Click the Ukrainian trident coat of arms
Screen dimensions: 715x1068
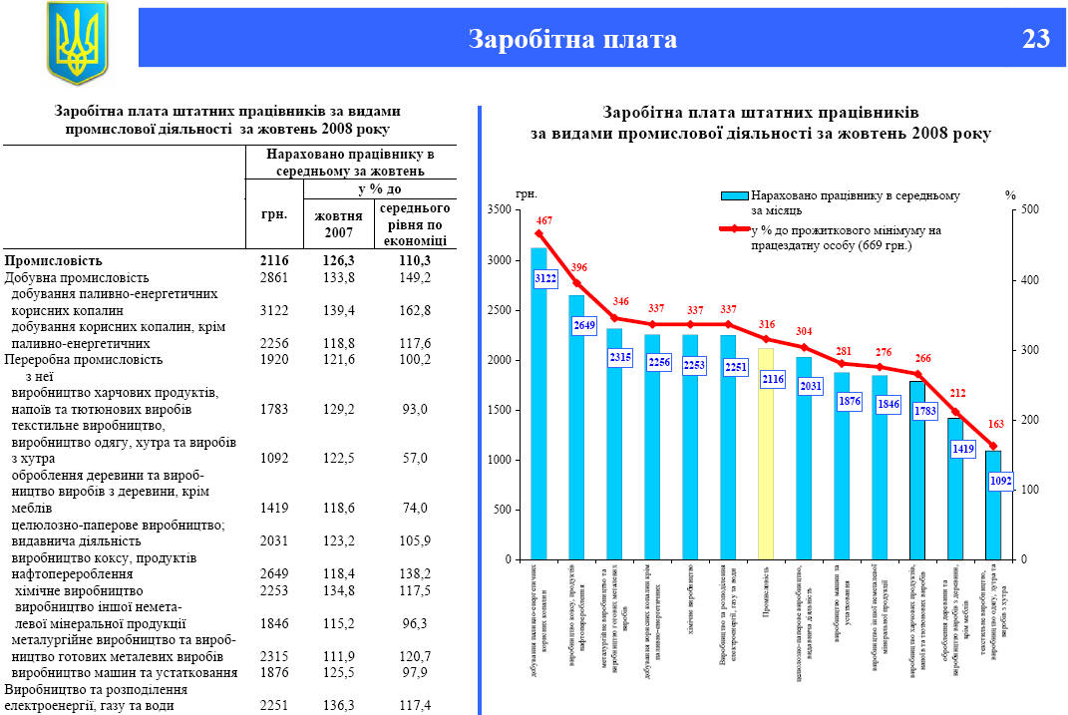pyautogui.click(x=76, y=44)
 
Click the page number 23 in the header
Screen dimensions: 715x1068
pyautogui.click(x=1036, y=39)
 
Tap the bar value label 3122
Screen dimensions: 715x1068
pyautogui.click(x=544, y=278)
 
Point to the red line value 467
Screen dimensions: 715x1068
pyautogui.click(x=544, y=219)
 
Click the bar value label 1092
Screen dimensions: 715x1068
pyautogui.click(x=1000, y=482)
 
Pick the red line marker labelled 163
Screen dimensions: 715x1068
pyautogui.click(x=993, y=446)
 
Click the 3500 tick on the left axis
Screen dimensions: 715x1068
pyautogui.click(x=499, y=210)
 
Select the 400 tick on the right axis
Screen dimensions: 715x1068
pyautogui.click(x=1031, y=280)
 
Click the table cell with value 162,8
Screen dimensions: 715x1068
pyautogui.click(x=413, y=311)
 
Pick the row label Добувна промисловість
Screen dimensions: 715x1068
pyautogui.click(x=78, y=277)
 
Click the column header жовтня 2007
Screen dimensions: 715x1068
pyautogui.click(x=338, y=224)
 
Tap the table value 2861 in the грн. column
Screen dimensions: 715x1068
pyautogui.click(x=273, y=277)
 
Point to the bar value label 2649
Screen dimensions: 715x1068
pyautogui.click(x=583, y=325)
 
